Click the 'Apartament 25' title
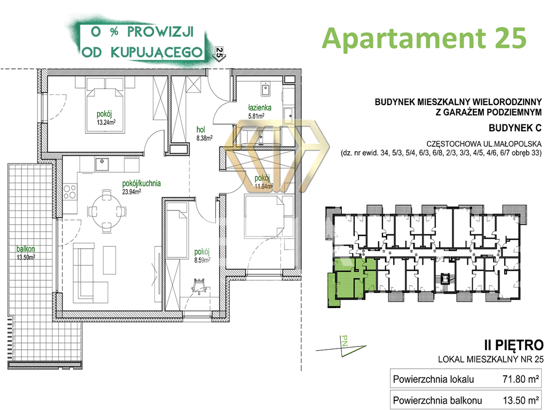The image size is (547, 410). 424,38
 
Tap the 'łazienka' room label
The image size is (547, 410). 260,108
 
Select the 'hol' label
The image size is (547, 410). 201,130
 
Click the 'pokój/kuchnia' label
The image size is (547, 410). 141,184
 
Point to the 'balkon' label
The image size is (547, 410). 26,249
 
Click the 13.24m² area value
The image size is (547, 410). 106,122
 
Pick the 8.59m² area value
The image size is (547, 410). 202,260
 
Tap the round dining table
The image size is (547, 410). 106,210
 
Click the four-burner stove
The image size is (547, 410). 70,192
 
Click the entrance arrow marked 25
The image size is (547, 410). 220,54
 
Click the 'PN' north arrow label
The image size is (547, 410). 345,341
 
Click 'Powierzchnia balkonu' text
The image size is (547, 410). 437,400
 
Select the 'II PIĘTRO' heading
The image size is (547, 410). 513,345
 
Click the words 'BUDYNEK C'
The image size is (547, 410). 515,128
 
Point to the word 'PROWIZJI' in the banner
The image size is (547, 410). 160,31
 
